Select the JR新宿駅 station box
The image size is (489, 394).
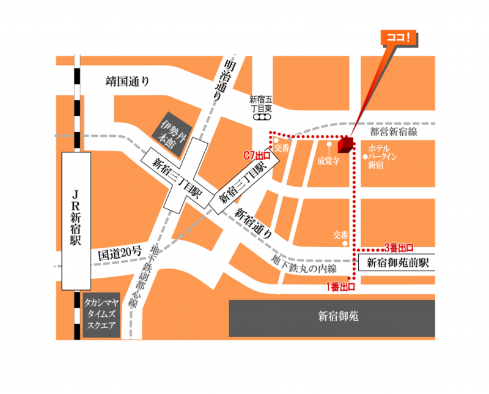click(x=76, y=220)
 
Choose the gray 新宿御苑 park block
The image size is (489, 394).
click(x=332, y=317)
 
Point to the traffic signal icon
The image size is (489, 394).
click(x=264, y=115)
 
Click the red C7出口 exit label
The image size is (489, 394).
click(x=257, y=156)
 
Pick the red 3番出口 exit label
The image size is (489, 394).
click(x=399, y=247)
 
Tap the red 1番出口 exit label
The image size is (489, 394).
click(x=340, y=286)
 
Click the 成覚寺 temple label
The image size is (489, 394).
click(x=328, y=162)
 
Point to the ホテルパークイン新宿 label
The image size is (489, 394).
click(x=384, y=157)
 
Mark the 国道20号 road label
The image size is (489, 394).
click(x=119, y=252)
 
